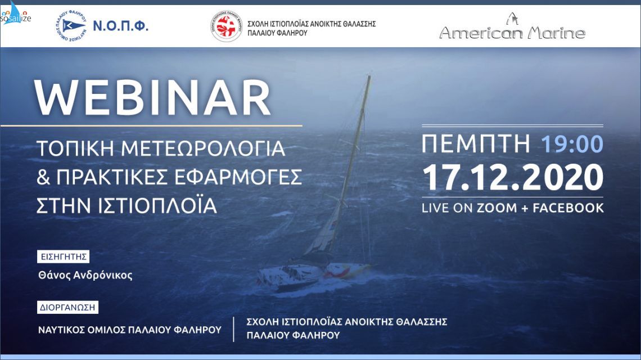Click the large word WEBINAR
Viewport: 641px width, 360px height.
152,99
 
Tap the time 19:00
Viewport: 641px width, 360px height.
572,145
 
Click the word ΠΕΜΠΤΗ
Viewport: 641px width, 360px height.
476,145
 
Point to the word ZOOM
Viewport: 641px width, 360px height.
496,208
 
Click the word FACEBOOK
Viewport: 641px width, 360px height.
568,208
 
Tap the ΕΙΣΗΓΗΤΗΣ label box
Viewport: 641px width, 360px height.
63,257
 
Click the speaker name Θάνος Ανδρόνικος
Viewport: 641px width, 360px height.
86,276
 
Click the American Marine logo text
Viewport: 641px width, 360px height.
512,33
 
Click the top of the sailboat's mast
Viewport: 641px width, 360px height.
369,77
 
